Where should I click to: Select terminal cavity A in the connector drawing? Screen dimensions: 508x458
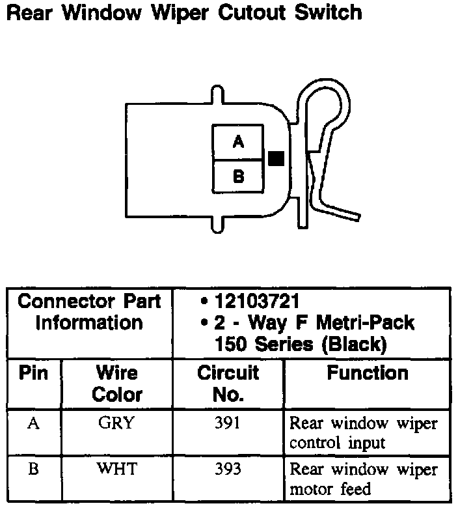[x=238, y=142]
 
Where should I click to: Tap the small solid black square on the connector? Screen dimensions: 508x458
[x=276, y=158]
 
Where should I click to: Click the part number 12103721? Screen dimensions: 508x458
[x=258, y=302]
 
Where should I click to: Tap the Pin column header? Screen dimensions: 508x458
[x=34, y=374]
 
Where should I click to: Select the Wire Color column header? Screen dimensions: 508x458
[x=117, y=384]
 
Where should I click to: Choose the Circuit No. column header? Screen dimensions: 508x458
[x=228, y=384]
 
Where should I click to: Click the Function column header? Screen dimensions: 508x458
[x=368, y=373]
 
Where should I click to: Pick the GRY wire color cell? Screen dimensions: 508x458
[x=116, y=423]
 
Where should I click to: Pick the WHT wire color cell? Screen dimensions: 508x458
[x=116, y=469]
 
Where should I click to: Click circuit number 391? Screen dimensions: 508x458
[x=228, y=423]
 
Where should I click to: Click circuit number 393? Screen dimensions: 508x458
[x=228, y=469]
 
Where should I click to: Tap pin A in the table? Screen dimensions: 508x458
[x=34, y=423]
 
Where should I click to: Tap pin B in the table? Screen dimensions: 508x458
[x=34, y=469]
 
